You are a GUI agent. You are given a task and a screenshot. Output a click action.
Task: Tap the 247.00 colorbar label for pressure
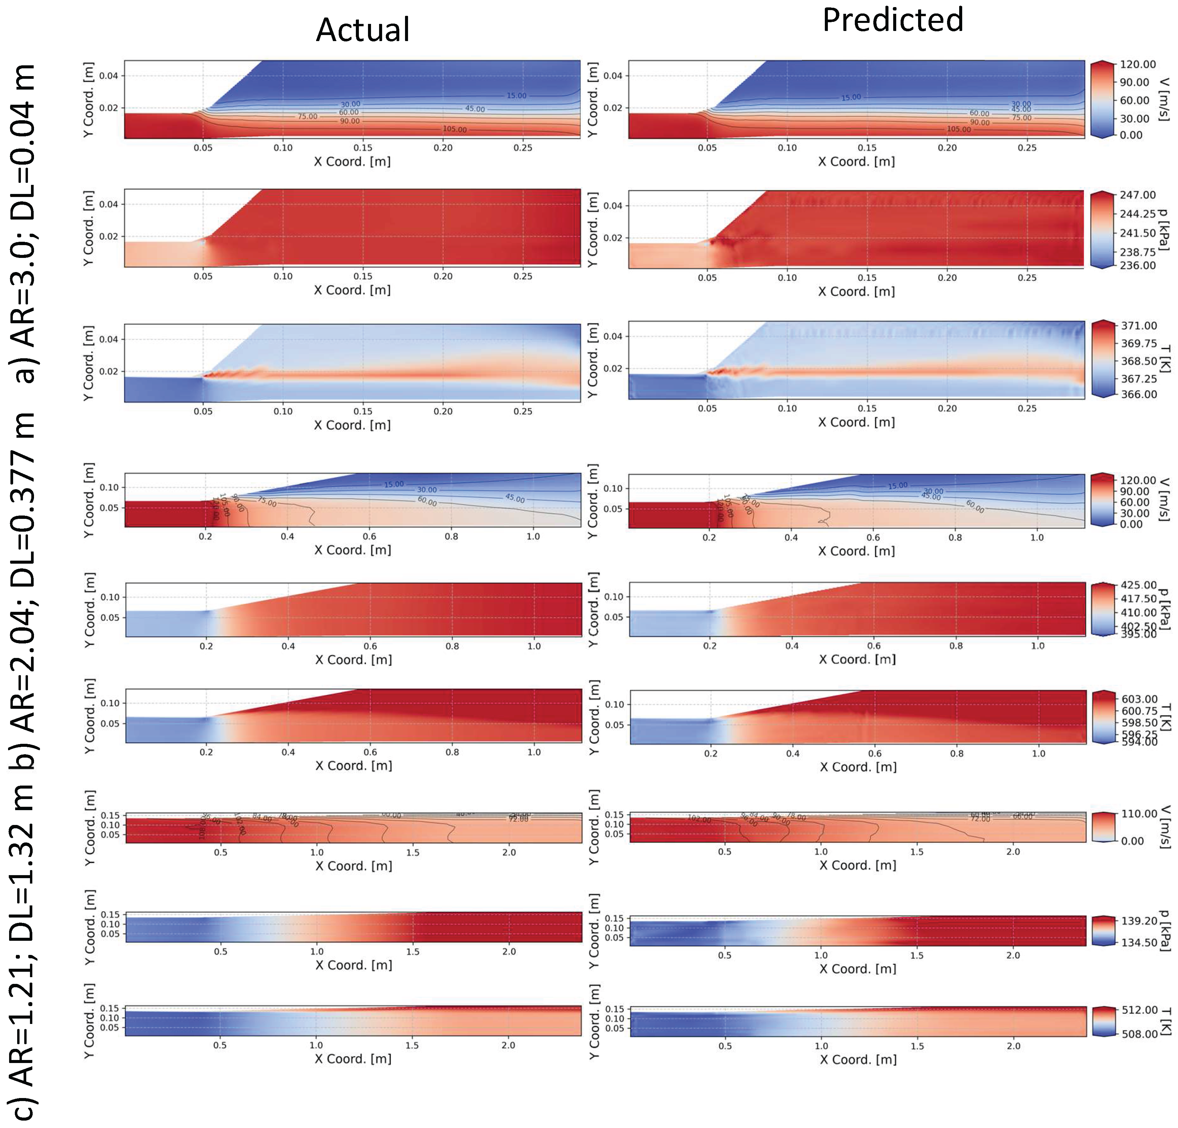click(x=1137, y=195)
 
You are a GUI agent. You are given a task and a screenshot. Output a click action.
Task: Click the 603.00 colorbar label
click(x=1139, y=699)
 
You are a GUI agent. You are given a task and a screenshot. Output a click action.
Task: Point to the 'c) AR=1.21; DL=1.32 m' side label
click(x=24, y=950)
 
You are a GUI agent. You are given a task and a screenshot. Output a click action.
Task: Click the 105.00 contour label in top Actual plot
click(x=455, y=129)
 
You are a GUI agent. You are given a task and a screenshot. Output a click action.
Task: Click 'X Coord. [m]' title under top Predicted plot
click(x=856, y=162)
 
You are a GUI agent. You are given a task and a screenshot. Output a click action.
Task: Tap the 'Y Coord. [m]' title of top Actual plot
click(x=88, y=99)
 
